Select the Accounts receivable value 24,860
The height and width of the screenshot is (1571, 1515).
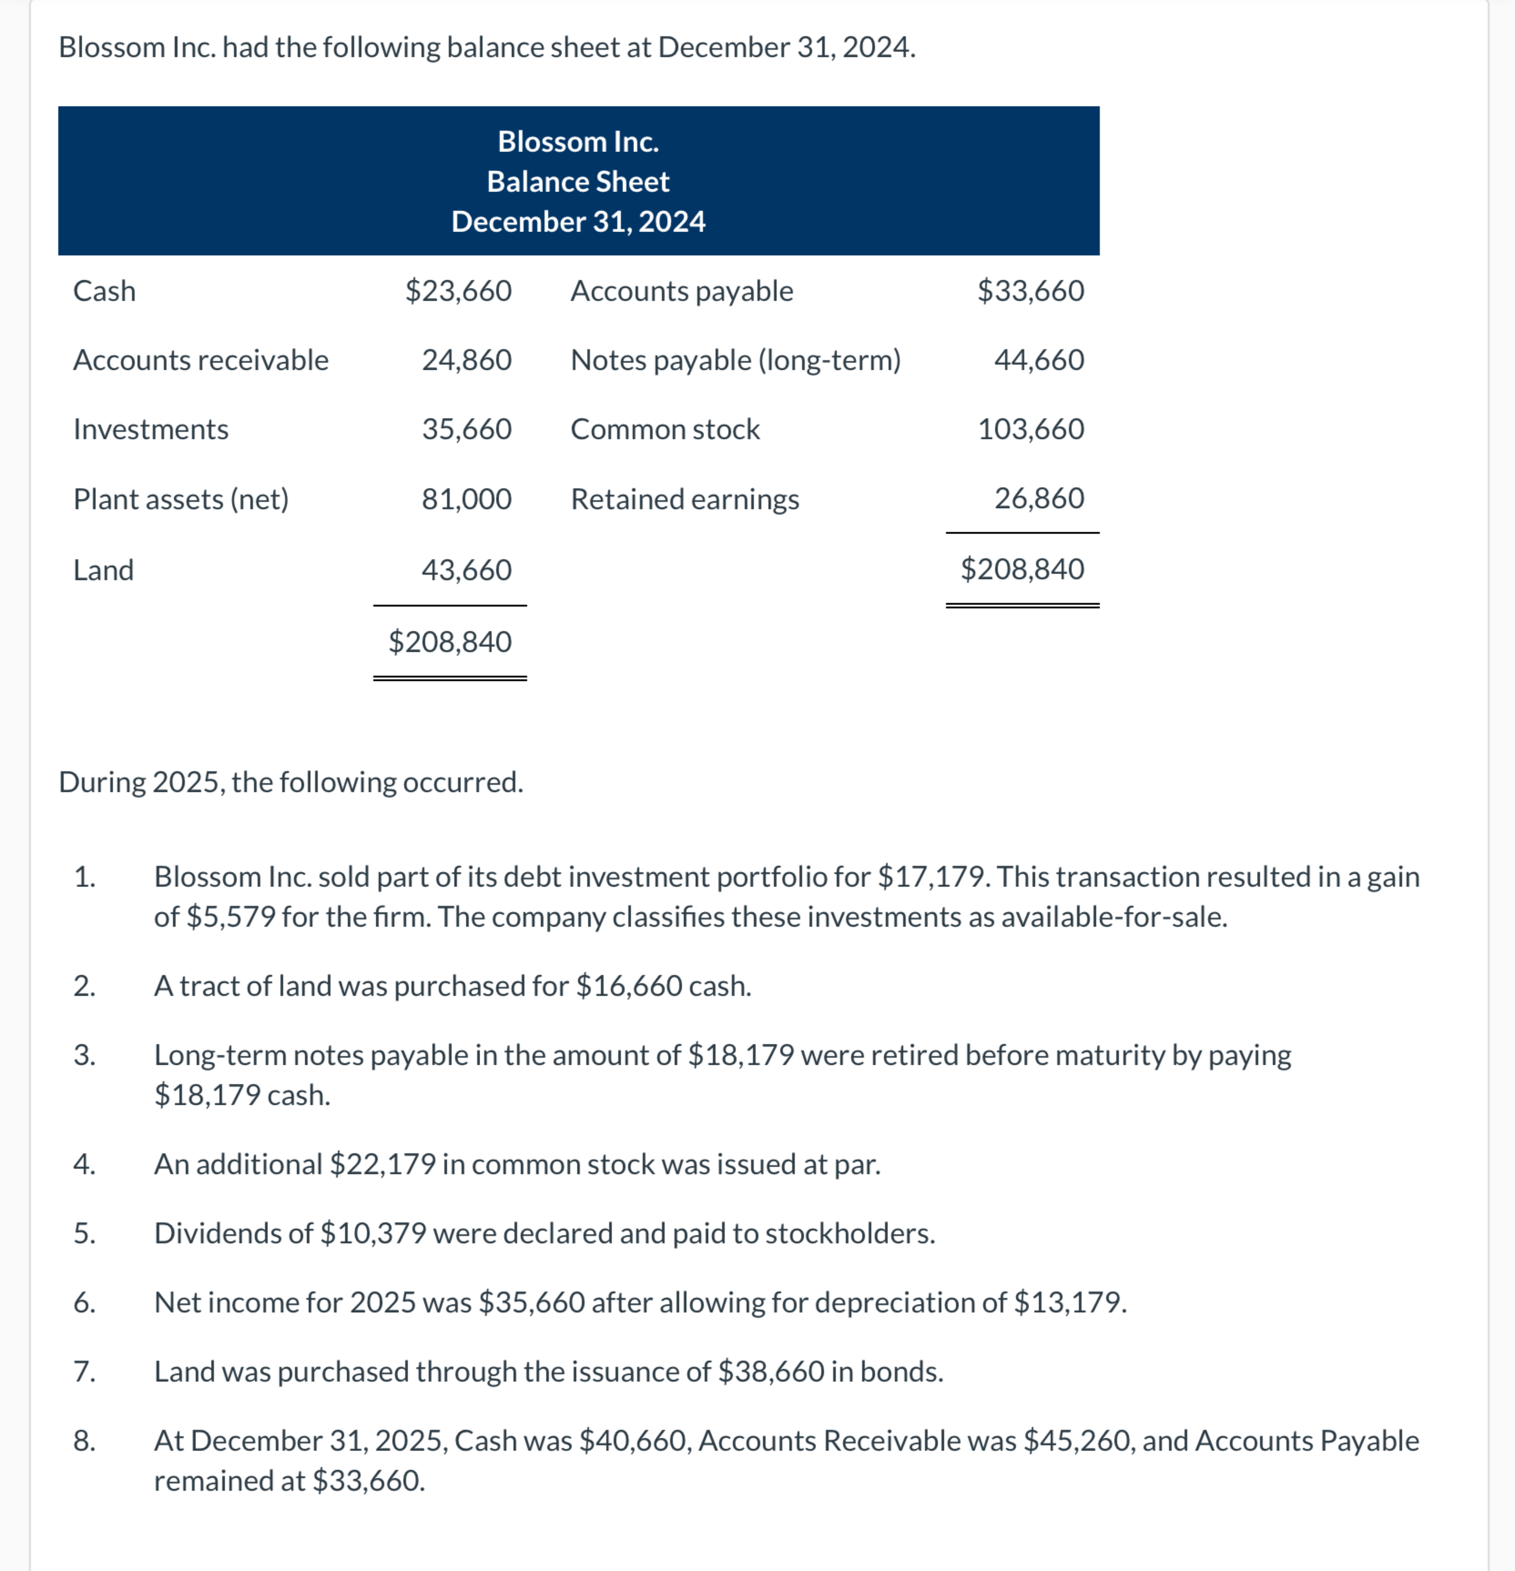[467, 360]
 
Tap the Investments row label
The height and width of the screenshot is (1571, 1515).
[151, 430]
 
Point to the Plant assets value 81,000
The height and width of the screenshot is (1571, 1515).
[467, 499]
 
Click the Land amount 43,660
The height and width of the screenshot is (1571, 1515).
[467, 570]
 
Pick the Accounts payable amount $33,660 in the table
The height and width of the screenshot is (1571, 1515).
[1031, 291]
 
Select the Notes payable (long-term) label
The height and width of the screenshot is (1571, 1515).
[736, 360]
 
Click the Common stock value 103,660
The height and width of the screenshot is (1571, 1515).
[1031, 430]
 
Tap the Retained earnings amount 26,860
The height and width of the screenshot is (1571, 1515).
[1039, 498]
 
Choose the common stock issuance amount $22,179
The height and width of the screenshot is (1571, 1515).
[383, 1164]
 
